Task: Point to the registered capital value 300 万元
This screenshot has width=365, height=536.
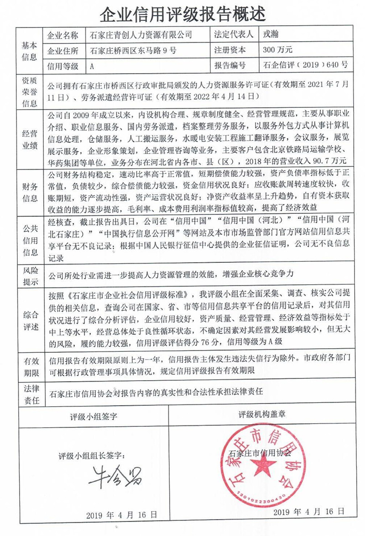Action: [277, 50]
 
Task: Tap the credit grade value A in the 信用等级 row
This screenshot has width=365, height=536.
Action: [92, 66]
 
